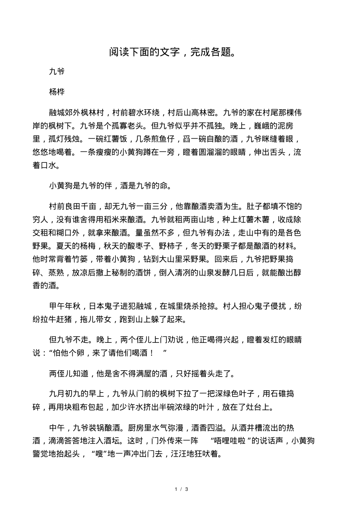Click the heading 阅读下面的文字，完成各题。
[x=172, y=52]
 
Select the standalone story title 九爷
[x=57, y=72]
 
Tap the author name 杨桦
[x=57, y=92]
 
